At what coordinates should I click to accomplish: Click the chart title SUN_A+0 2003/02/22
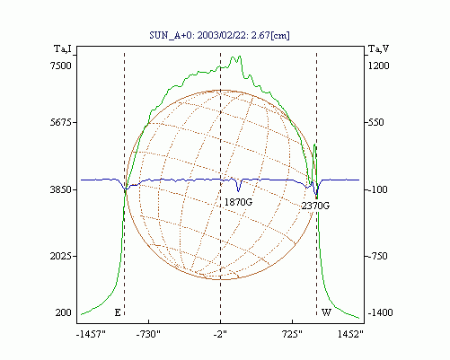(x=219, y=35)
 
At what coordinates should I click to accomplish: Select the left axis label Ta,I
(x=63, y=48)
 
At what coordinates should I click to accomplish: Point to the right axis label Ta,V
(x=378, y=48)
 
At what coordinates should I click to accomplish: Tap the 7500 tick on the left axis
(x=61, y=66)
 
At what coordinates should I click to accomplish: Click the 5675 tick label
(x=61, y=122)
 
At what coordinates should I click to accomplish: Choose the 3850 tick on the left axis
(x=61, y=189)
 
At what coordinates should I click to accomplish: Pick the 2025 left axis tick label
(x=61, y=256)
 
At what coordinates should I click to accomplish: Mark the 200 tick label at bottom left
(x=64, y=312)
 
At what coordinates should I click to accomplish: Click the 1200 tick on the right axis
(x=378, y=66)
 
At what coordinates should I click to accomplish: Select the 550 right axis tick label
(x=375, y=122)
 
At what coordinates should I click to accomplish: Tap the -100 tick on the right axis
(x=377, y=189)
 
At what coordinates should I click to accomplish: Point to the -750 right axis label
(x=377, y=256)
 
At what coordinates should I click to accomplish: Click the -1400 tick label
(x=380, y=312)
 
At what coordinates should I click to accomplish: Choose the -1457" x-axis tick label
(x=91, y=334)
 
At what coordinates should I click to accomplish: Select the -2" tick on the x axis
(x=220, y=334)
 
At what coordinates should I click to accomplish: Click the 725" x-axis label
(x=293, y=334)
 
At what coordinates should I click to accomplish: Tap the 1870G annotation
(x=238, y=202)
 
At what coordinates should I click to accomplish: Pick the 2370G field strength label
(x=315, y=206)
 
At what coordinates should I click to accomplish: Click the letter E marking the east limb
(x=118, y=312)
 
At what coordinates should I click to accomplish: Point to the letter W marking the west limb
(x=326, y=312)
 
